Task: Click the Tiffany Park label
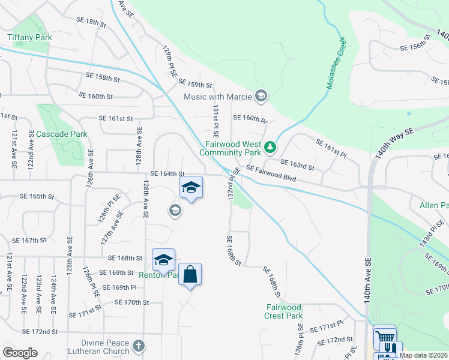[29, 37]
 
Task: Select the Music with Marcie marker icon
[261, 95]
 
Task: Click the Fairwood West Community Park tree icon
[271, 146]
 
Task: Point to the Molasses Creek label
[336, 64]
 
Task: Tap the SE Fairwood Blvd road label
[271, 175]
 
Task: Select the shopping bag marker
[190, 274]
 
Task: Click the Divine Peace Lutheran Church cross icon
[139, 346]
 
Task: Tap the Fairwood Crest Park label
[284, 311]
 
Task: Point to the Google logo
[20, 353]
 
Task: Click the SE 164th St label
[166, 173]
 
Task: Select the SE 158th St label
[103, 77]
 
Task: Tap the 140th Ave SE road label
[367, 283]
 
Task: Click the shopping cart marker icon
[384, 337]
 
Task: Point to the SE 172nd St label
[40, 331]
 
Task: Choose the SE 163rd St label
[298, 165]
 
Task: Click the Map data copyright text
[423, 355]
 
